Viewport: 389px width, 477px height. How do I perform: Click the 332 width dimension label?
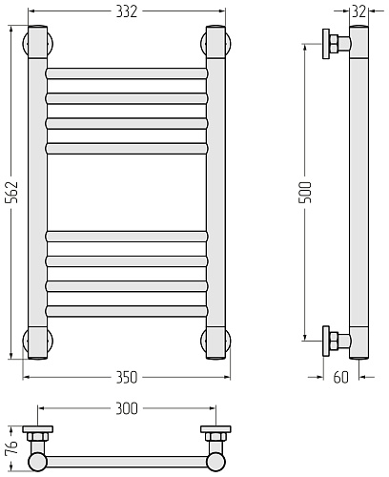tap(127, 11)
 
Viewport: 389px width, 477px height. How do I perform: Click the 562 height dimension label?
tap(13, 193)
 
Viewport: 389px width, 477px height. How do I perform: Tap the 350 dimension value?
tap(127, 378)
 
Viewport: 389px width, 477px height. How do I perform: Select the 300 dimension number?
tap(127, 408)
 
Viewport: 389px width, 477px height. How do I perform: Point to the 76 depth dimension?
tap(12, 448)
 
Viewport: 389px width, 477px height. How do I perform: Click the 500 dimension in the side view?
tap(306, 192)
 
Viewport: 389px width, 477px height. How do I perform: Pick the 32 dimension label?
tap(359, 11)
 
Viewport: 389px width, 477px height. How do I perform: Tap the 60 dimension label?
tap(341, 378)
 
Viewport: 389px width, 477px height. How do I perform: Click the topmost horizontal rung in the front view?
tap(127, 73)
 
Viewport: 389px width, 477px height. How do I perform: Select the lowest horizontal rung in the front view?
tap(127, 311)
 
